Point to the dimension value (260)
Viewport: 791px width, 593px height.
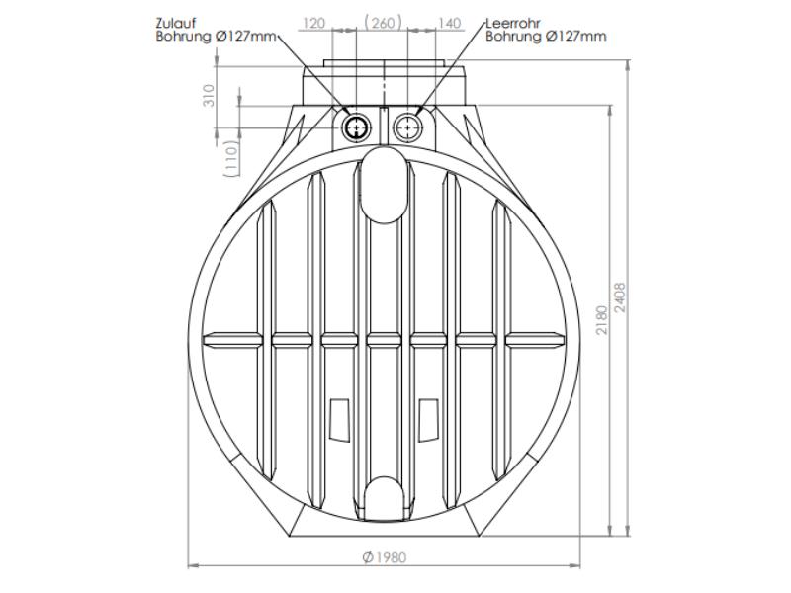pos(383,23)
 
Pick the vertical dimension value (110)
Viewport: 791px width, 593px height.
pos(230,157)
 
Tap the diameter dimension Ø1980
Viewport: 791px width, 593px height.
pos(384,557)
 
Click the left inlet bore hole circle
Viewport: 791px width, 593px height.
pos(357,127)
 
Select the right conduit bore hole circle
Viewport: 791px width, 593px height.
pos(406,127)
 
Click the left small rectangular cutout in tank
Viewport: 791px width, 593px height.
pos(339,419)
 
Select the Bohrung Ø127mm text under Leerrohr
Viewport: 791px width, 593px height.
pos(546,37)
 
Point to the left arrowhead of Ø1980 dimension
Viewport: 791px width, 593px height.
pos(192,566)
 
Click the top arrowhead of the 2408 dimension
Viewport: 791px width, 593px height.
pos(631,62)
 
